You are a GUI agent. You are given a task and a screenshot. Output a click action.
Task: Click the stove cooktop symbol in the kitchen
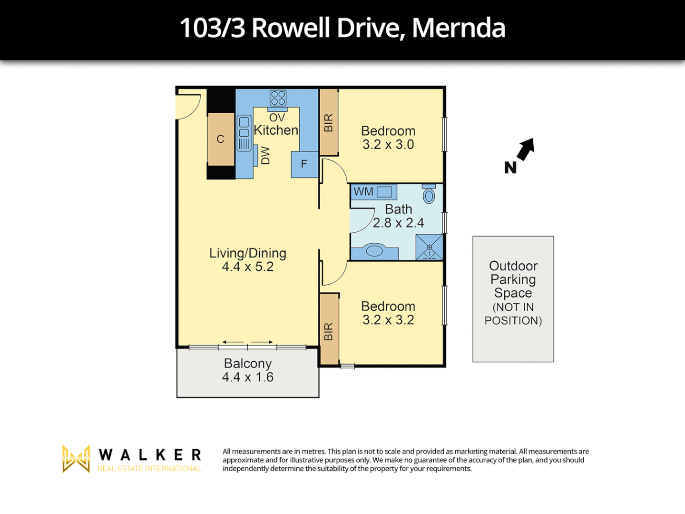point(278,98)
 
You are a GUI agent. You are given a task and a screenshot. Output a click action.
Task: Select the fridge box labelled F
point(304,164)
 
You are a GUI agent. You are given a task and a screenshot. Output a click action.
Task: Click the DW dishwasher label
point(265,156)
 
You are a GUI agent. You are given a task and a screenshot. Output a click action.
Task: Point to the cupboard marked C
point(221,139)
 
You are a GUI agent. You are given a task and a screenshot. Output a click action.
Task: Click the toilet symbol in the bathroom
point(429,195)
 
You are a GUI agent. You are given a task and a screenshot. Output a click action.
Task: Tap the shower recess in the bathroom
point(429,247)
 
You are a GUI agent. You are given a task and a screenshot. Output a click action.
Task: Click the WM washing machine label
point(363,192)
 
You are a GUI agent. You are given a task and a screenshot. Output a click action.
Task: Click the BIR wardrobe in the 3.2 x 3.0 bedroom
point(328,122)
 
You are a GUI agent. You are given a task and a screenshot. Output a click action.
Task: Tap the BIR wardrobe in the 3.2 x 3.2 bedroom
point(328,330)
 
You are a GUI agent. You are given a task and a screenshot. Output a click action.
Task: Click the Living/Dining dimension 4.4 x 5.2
point(247,267)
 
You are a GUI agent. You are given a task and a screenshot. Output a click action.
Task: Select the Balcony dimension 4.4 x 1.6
point(247,377)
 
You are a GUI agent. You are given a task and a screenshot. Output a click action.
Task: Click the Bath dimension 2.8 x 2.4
point(399,223)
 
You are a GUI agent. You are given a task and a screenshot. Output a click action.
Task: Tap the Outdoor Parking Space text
point(513,279)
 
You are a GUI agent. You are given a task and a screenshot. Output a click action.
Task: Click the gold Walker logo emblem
point(76,459)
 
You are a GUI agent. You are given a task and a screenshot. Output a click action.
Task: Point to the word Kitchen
point(276,130)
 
